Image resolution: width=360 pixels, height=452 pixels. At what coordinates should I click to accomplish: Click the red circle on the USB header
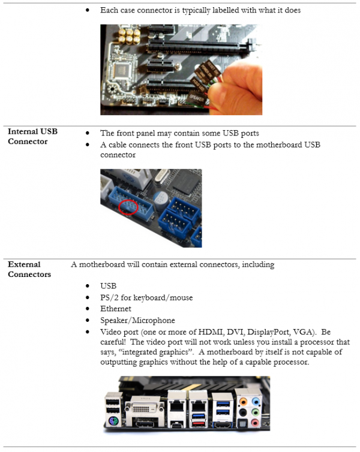pos(128,207)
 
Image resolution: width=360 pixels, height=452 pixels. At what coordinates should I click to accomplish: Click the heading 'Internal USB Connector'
pos(32,136)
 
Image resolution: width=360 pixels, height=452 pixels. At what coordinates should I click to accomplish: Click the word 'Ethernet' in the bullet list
pos(115,309)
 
